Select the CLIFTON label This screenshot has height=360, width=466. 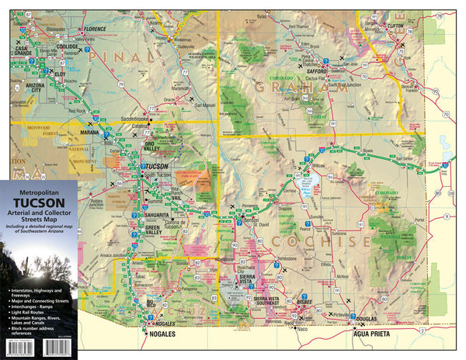click(396, 25)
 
